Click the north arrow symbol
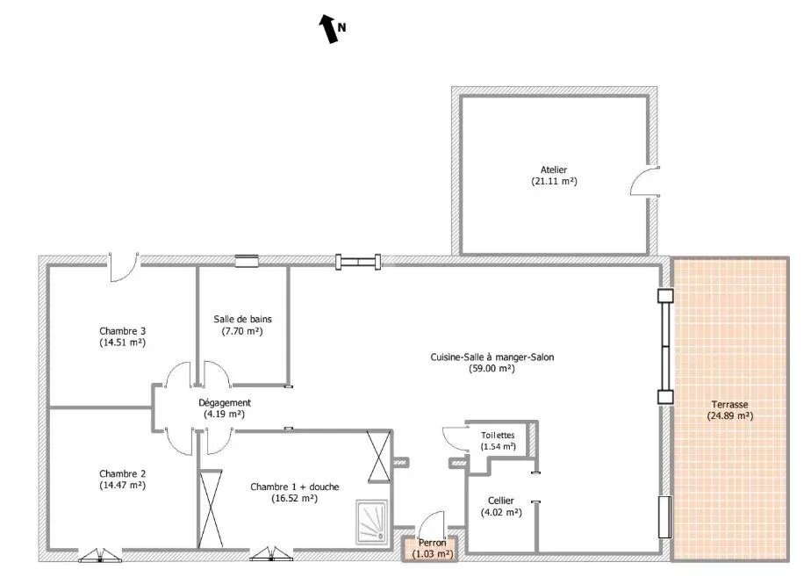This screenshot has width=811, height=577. pyautogui.click(x=329, y=28)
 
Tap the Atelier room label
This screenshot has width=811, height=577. pyautogui.click(x=554, y=169)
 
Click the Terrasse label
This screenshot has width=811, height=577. pyautogui.click(x=729, y=405)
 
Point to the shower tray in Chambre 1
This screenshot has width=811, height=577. pyautogui.click(x=371, y=522)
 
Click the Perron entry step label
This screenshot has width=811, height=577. pyautogui.click(x=432, y=543)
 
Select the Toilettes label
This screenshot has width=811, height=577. pyautogui.click(x=498, y=436)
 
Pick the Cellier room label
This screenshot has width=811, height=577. pyautogui.click(x=500, y=501)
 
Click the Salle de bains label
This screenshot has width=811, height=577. pyautogui.click(x=242, y=320)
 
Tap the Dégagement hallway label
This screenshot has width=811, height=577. pyautogui.click(x=225, y=402)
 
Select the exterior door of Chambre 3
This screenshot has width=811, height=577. pyautogui.click(x=124, y=267)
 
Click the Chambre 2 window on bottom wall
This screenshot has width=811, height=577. pyautogui.click(x=100, y=556)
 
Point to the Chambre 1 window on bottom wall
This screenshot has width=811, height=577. pyautogui.click(x=271, y=555)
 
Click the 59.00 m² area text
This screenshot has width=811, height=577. pyautogui.click(x=492, y=369)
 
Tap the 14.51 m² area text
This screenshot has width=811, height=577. pyautogui.click(x=123, y=343)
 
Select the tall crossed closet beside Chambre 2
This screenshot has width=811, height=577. pyautogui.click(x=211, y=508)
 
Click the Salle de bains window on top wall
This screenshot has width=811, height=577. pyautogui.click(x=246, y=261)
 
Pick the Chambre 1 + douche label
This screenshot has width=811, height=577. pyautogui.click(x=294, y=487)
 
